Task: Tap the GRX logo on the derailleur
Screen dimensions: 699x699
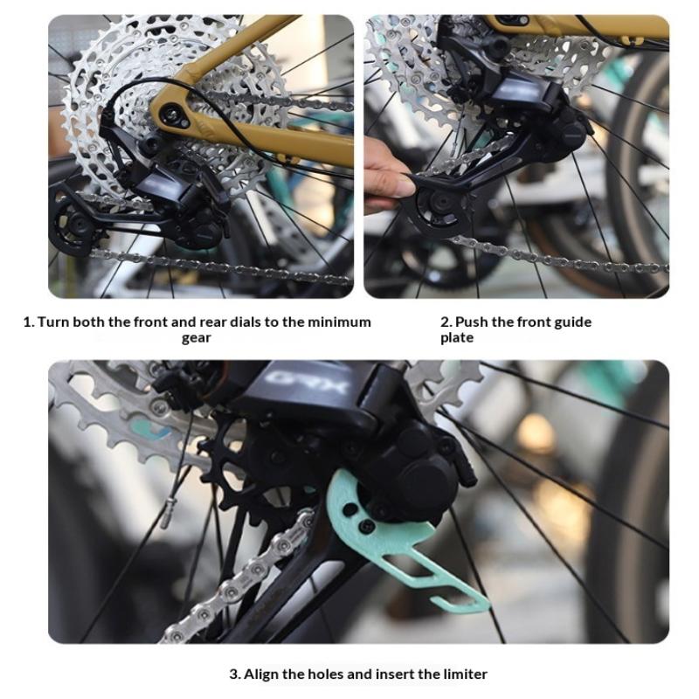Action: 305,380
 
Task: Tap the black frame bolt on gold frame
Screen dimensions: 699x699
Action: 171,114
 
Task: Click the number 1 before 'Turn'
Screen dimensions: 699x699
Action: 28,322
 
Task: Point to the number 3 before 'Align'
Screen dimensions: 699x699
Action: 234,674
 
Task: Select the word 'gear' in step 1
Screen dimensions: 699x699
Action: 196,338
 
